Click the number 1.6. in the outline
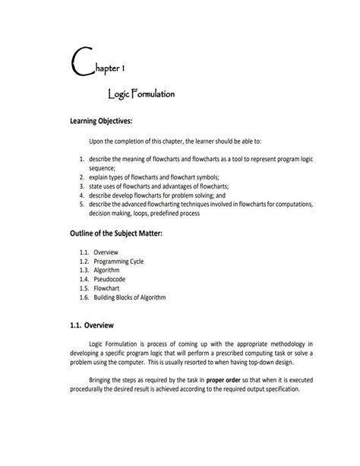click(x=84, y=297)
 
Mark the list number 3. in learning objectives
click(x=81, y=185)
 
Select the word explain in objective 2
click(x=99, y=176)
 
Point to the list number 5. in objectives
click(x=81, y=204)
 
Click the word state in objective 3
click(x=96, y=185)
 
